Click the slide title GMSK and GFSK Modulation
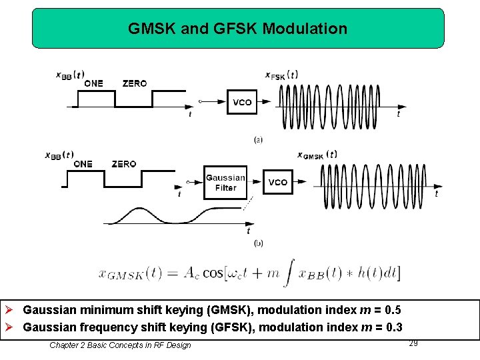(x=237, y=29)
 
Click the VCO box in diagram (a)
(x=242, y=102)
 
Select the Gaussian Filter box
(x=225, y=183)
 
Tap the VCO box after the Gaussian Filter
(x=278, y=182)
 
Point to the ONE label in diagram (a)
(x=93, y=83)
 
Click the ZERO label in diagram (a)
(x=135, y=83)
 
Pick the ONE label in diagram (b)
(x=83, y=164)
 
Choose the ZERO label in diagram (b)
(x=124, y=164)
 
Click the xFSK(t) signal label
(x=281, y=75)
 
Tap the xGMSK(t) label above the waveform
(x=317, y=155)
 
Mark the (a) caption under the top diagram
(x=258, y=140)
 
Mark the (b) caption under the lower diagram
(x=258, y=243)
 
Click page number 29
(x=413, y=343)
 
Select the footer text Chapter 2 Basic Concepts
(x=120, y=345)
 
